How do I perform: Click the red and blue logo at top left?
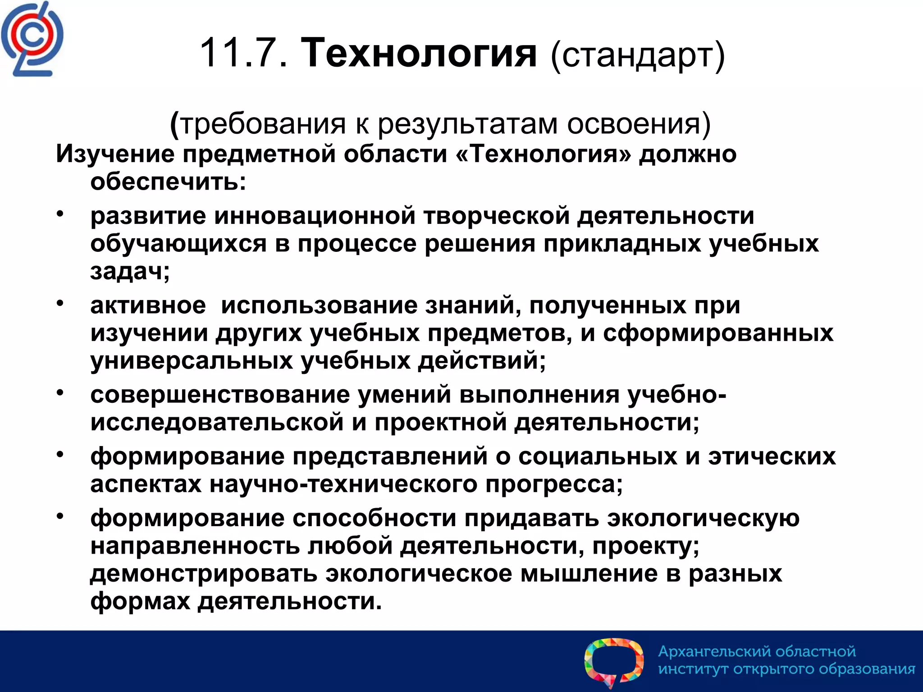pos(32,40)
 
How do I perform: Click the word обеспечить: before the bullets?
pos(168,182)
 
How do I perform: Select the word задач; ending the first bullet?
pos(130,271)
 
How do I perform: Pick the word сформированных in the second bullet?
pos(718,333)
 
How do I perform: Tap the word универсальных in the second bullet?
pos(191,361)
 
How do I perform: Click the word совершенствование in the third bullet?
pos(220,395)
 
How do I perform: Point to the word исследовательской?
pos(217,423)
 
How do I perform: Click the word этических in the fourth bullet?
pos(772,456)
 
